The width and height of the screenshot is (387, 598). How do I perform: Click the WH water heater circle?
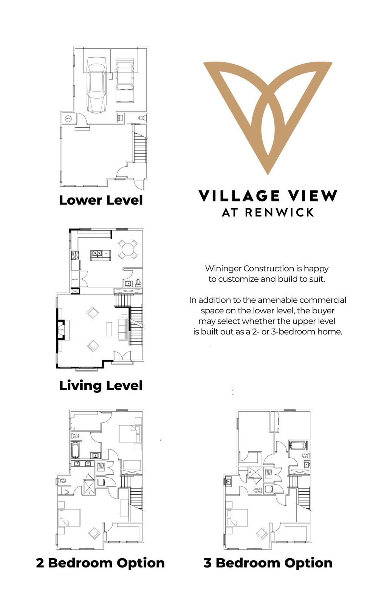[68, 119]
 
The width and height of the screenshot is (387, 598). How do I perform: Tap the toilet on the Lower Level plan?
[141, 118]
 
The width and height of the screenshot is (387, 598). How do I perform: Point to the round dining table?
[128, 249]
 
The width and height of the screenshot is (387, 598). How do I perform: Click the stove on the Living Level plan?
[74, 255]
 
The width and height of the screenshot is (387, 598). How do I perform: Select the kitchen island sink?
[98, 254]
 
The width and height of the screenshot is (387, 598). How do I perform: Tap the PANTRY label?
[75, 280]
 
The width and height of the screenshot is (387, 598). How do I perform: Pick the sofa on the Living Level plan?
[123, 327]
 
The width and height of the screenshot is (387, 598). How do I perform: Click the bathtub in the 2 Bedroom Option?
[76, 450]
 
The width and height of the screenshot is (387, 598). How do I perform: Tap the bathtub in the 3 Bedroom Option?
[297, 445]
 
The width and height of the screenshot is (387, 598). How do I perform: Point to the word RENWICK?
[279, 212]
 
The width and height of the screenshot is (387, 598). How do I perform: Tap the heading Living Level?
[101, 386]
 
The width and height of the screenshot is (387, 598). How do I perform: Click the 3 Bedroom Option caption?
[268, 563]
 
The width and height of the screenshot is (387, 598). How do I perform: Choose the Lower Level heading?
[101, 200]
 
